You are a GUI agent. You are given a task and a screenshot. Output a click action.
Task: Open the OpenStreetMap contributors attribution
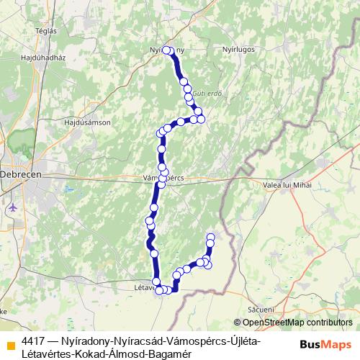point(295,323)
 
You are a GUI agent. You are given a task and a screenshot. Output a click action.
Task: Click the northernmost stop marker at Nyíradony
point(166,50)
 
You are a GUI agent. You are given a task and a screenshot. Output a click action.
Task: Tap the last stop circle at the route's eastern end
point(211,237)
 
